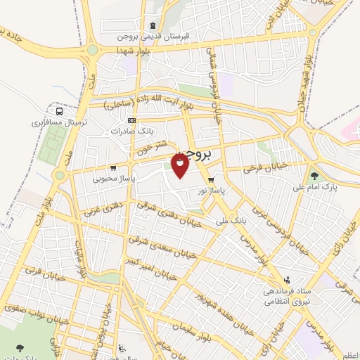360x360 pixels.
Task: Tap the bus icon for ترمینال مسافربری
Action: point(59,110)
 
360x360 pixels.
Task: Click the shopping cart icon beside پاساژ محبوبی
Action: point(113,168)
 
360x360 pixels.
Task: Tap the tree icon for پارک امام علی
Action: point(314,176)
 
